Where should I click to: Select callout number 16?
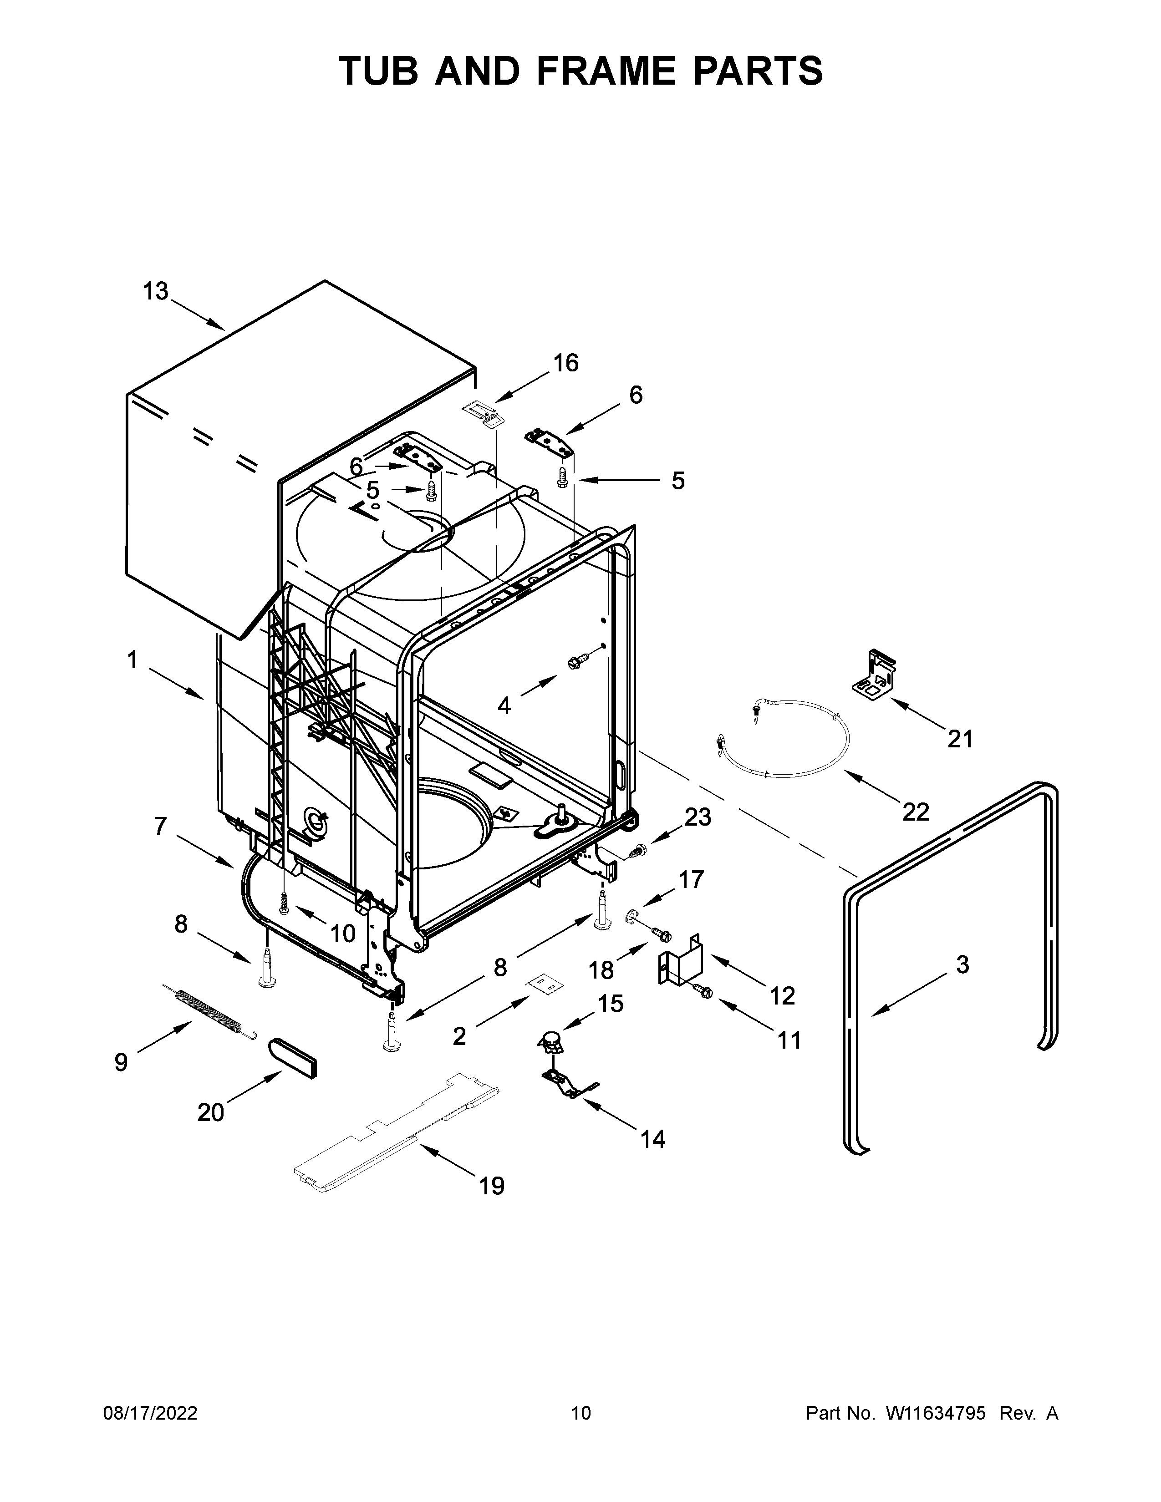[566, 363]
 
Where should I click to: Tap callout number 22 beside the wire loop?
[916, 812]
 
